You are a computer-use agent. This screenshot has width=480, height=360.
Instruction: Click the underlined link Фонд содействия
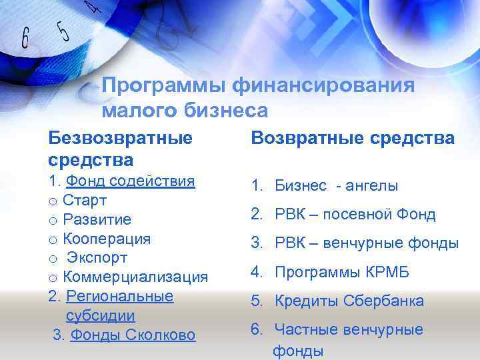click(x=130, y=181)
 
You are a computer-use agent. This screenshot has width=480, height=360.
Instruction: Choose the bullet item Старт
click(x=85, y=200)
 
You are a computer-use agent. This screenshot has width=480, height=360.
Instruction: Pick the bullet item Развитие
click(x=97, y=219)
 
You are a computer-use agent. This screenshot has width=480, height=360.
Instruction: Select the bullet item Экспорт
click(x=97, y=257)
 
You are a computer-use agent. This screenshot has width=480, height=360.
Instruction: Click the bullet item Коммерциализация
click(x=135, y=277)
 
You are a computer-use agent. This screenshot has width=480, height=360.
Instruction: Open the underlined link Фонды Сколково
click(x=133, y=335)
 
